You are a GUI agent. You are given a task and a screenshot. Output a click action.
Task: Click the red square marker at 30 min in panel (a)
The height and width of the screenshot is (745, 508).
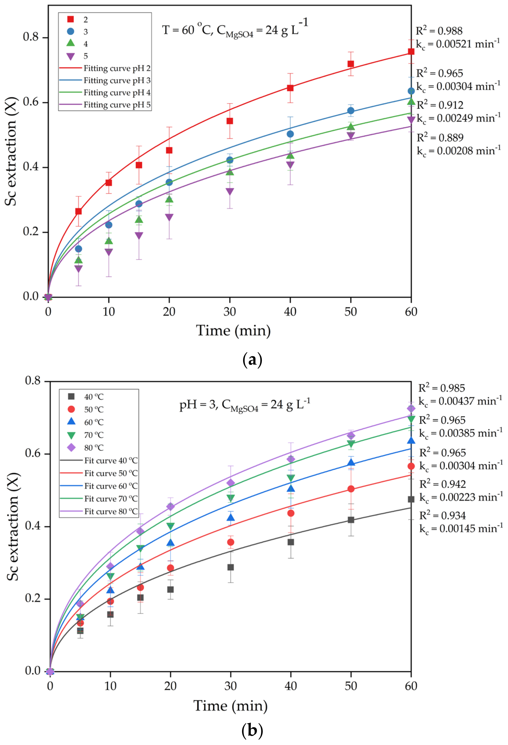point(230,121)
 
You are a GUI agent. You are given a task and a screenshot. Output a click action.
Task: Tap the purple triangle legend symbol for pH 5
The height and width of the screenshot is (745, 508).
point(70,56)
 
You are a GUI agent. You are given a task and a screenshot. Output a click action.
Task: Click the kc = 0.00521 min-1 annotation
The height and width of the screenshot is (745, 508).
point(458,44)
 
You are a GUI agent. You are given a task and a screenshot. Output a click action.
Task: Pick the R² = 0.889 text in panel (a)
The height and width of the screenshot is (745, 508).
point(440,137)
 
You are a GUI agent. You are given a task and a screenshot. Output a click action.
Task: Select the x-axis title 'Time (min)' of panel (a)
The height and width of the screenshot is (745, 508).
point(233,330)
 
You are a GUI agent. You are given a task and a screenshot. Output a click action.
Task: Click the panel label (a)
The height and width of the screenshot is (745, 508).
point(252,360)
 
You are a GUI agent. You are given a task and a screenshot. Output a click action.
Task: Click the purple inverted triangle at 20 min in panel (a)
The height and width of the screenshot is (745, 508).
point(169,217)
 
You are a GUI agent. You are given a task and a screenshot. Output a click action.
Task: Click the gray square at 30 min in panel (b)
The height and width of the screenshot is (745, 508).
point(231,567)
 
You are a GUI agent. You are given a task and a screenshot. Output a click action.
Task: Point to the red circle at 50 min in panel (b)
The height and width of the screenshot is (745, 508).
point(351,489)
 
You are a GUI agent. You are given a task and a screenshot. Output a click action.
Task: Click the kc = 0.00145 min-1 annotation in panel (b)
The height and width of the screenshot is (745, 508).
point(461,529)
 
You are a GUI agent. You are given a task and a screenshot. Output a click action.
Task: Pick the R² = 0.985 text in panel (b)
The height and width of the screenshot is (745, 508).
point(441,388)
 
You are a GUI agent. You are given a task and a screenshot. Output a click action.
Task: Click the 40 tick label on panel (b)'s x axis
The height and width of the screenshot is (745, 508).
point(291,686)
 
